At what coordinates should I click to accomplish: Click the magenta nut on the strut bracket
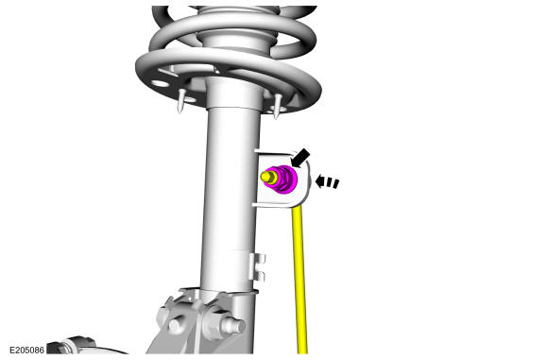[x=284, y=180]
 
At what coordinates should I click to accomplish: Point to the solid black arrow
[x=300, y=158]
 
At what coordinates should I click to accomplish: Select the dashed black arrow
[x=327, y=182]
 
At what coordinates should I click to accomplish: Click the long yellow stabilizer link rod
[x=300, y=280]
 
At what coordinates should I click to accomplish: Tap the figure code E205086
[x=26, y=350]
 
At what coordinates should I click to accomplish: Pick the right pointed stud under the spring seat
[x=277, y=106]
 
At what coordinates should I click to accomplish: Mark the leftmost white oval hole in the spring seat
[x=160, y=83]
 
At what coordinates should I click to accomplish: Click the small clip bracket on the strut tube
[x=257, y=267]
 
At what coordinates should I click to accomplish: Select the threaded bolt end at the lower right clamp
[x=237, y=326]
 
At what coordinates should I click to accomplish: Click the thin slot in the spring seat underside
[x=168, y=73]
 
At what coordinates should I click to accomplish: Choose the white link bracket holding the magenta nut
[x=282, y=179]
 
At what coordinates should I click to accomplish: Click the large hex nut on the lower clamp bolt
[x=214, y=321]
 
